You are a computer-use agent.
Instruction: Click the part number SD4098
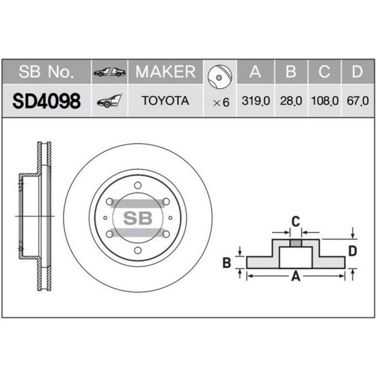(46, 100)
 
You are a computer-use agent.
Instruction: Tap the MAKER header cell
(165, 72)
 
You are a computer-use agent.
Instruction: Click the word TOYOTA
(165, 101)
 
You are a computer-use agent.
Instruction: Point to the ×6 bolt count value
(221, 101)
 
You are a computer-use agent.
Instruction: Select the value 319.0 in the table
(256, 101)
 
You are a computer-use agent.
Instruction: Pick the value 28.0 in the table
(291, 101)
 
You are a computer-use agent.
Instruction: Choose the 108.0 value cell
(325, 101)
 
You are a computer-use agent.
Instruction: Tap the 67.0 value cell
(358, 101)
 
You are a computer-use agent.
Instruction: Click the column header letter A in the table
(255, 72)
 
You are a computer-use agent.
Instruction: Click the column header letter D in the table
(357, 72)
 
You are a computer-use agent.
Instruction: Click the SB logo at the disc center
(137, 218)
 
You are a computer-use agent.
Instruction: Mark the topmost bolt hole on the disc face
(137, 185)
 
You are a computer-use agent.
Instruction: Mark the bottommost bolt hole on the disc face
(137, 250)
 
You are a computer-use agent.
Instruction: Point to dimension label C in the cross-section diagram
(295, 220)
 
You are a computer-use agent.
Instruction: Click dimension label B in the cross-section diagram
(227, 263)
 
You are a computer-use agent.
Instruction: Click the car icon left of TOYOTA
(109, 101)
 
